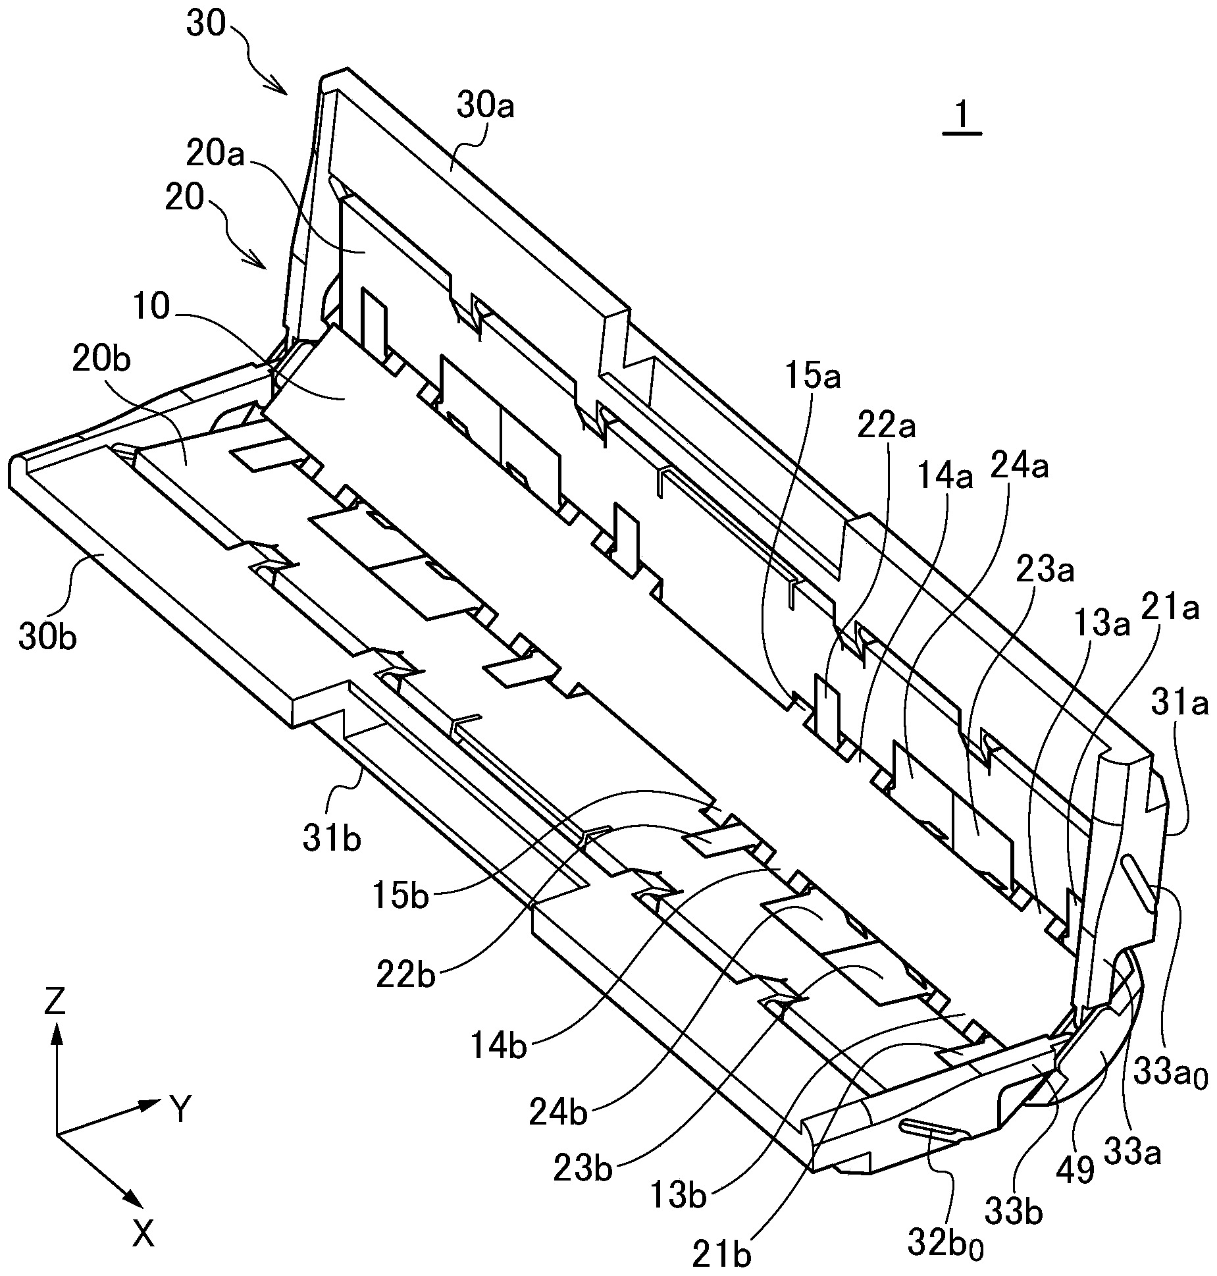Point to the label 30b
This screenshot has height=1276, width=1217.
47,637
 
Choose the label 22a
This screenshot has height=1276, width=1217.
887,427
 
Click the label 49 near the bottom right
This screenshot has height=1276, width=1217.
1074,1171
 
